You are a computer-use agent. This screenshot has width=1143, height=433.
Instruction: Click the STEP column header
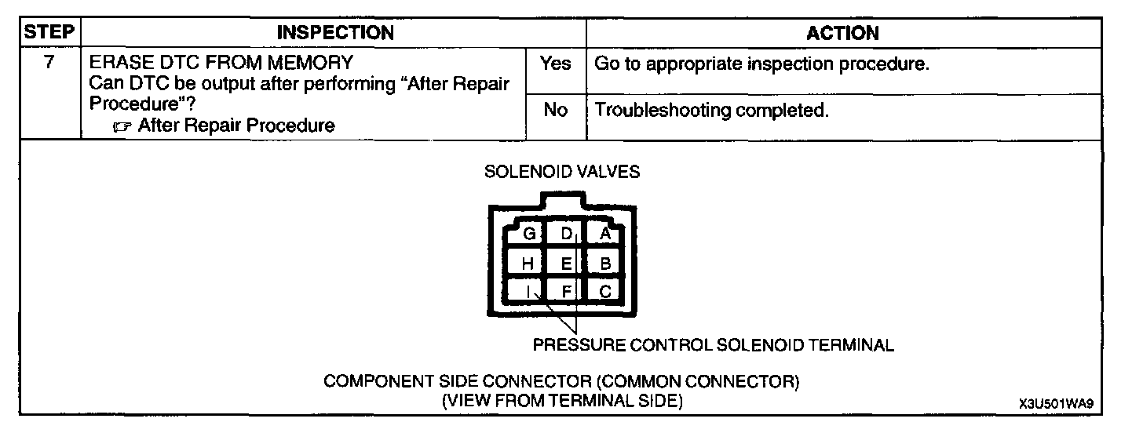49,33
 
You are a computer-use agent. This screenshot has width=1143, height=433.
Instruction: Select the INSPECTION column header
335,33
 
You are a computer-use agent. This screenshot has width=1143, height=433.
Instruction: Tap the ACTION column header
842,33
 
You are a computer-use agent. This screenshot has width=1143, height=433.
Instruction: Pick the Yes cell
555,64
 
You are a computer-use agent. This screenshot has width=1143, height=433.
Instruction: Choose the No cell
555,110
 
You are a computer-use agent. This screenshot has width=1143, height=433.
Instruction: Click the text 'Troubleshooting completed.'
712,110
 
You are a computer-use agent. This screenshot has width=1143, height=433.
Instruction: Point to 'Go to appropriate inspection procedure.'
762,64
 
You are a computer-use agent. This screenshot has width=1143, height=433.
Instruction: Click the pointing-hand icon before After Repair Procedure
124,126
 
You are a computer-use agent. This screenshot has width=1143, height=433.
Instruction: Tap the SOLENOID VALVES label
562,172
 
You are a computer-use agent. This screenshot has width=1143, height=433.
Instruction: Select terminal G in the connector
529,234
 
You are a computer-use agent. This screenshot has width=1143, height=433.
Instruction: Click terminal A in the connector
604,234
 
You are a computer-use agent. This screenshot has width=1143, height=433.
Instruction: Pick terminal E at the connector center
567,264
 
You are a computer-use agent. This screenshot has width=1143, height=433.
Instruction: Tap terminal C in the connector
604,292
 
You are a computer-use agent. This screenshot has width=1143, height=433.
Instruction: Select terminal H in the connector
528,264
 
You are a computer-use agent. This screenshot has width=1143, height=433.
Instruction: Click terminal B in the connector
604,264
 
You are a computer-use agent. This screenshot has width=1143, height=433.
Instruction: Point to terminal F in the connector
567,292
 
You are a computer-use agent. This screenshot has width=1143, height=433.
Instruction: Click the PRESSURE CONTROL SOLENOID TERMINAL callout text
713,345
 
